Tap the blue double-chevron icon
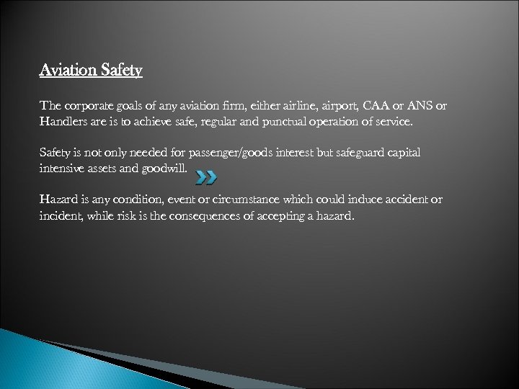[x=205, y=176]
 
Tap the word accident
[x=408, y=200]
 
